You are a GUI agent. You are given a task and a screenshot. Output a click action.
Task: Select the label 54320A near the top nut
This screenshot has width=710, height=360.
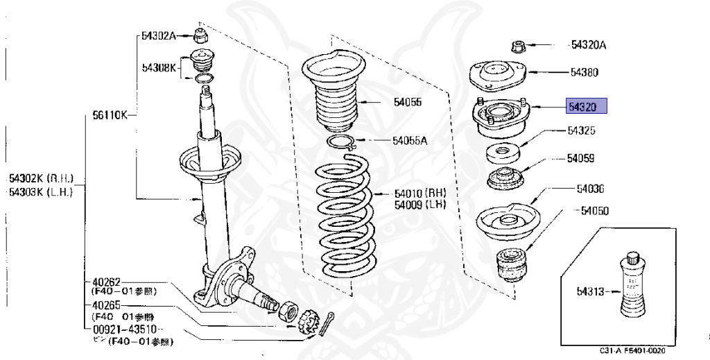pos(588,46)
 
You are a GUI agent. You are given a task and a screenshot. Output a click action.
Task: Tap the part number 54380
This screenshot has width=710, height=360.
pos(585,72)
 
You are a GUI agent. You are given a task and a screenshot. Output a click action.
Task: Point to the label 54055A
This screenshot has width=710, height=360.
pos(410,141)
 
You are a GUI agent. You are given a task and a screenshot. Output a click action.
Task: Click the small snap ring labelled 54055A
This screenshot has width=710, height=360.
pos(341,144)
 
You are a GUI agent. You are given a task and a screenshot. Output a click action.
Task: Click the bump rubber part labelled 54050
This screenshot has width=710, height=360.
pos(512,264)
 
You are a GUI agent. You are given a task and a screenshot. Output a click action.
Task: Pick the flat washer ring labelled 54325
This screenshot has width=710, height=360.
pos(504,152)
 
